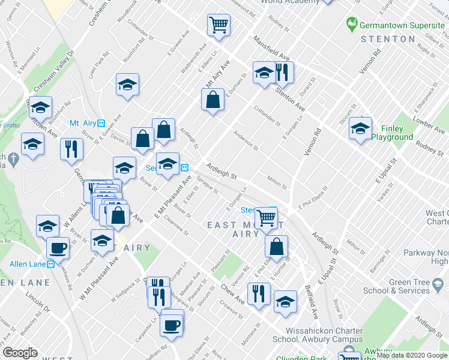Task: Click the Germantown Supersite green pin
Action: (352, 25)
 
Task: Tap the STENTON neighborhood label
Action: (388, 39)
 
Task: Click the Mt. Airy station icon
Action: (101, 123)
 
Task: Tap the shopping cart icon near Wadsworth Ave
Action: (218, 26)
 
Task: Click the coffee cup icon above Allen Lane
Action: (58, 247)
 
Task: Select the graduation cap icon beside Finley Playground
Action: (360, 130)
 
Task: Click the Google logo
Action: (20, 353)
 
